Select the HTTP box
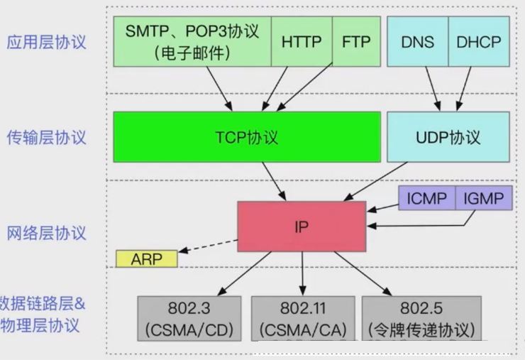tap(302, 41)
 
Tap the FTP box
tap(355, 41)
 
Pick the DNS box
tap(417, 41)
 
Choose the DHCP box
tap(479, 41)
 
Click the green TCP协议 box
tap(247, 136)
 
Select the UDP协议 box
tap(447, 136)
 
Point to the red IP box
tap(302, 227)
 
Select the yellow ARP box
tap(146, 258)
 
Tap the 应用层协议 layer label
tap(46, 41)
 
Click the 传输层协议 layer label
tap(46, 136)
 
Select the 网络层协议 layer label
tap(46, 232)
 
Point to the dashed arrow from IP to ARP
tap(208, 245)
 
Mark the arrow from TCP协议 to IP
tap(274, 180)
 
